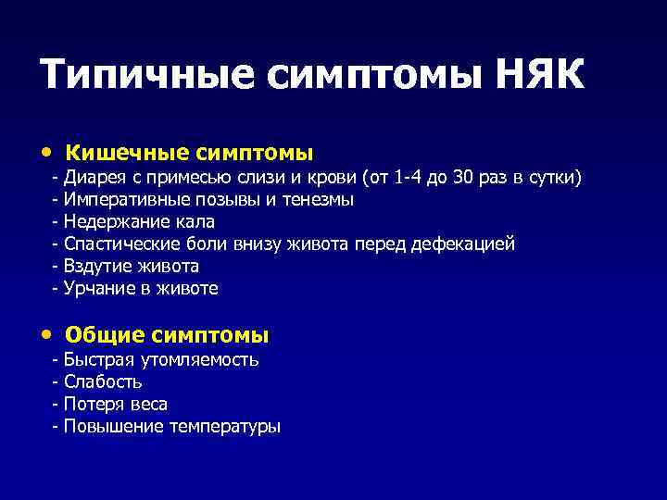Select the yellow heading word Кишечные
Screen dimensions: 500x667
tap(118, 152)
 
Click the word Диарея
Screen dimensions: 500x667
tap(94, 177)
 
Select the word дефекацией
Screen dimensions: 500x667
tap(468, 244)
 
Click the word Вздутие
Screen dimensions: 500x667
tap(96, 266)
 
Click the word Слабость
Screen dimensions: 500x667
tap(103, 381)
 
